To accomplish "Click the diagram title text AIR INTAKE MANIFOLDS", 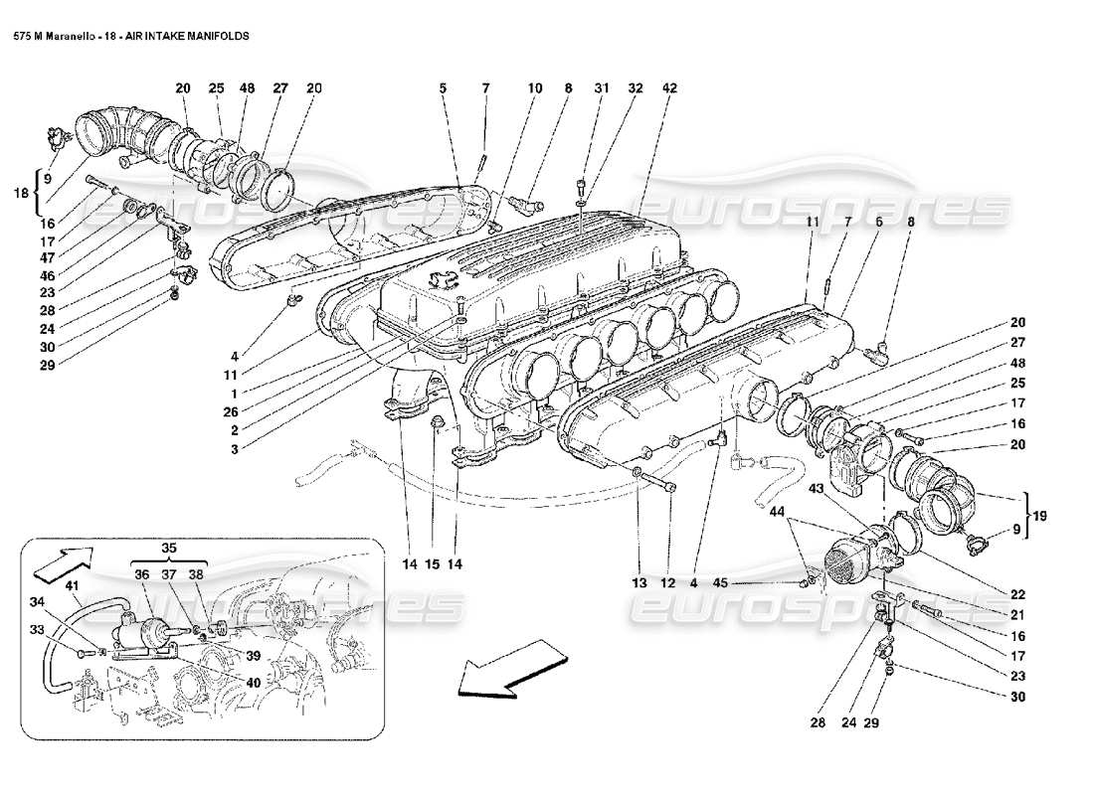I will click(x=187, y=34).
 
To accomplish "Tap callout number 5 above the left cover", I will click(x=443, y=88).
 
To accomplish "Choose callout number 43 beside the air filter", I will click(x=815, y=490).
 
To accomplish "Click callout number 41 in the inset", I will click(x=73, y=586).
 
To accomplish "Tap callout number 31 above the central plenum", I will click(x=602, y=88).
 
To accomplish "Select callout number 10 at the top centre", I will click(x=535, y=88).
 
